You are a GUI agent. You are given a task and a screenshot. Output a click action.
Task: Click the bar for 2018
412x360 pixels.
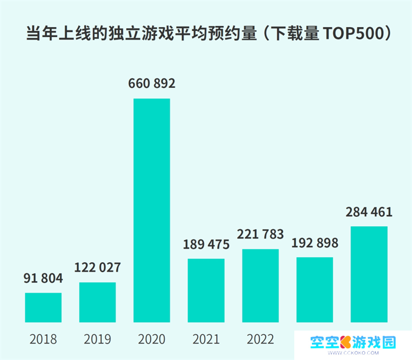click(44, 308)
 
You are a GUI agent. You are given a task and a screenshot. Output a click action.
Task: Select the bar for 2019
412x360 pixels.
click(98, 302)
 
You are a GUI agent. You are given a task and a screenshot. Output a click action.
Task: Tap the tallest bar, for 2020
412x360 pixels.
click(152, 210)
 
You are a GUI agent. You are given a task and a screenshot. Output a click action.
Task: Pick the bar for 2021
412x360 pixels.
click(206, 290)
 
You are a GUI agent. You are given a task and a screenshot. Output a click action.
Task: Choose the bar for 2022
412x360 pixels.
click(260, 286)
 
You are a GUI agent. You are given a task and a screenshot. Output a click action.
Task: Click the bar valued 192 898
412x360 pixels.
click(314, 290)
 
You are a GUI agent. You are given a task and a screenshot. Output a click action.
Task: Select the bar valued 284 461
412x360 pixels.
click(368, 274)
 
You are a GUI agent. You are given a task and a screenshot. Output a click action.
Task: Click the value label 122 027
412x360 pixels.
click(98, 268)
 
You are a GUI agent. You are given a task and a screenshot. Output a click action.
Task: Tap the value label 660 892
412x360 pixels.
click(152, 84)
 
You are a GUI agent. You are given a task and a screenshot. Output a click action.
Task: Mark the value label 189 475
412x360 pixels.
click(206, 245)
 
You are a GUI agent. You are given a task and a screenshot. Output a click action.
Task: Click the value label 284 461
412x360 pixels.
click(368, 212)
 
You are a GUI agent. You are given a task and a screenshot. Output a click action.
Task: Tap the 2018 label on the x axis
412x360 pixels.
click(44, 340)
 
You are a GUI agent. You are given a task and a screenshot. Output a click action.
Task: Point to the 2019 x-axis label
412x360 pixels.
click(98, 340)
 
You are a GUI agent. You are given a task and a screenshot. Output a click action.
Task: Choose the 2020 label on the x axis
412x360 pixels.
click(152, 340)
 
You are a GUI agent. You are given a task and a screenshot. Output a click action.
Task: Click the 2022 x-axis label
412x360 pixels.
click(260, 340)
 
